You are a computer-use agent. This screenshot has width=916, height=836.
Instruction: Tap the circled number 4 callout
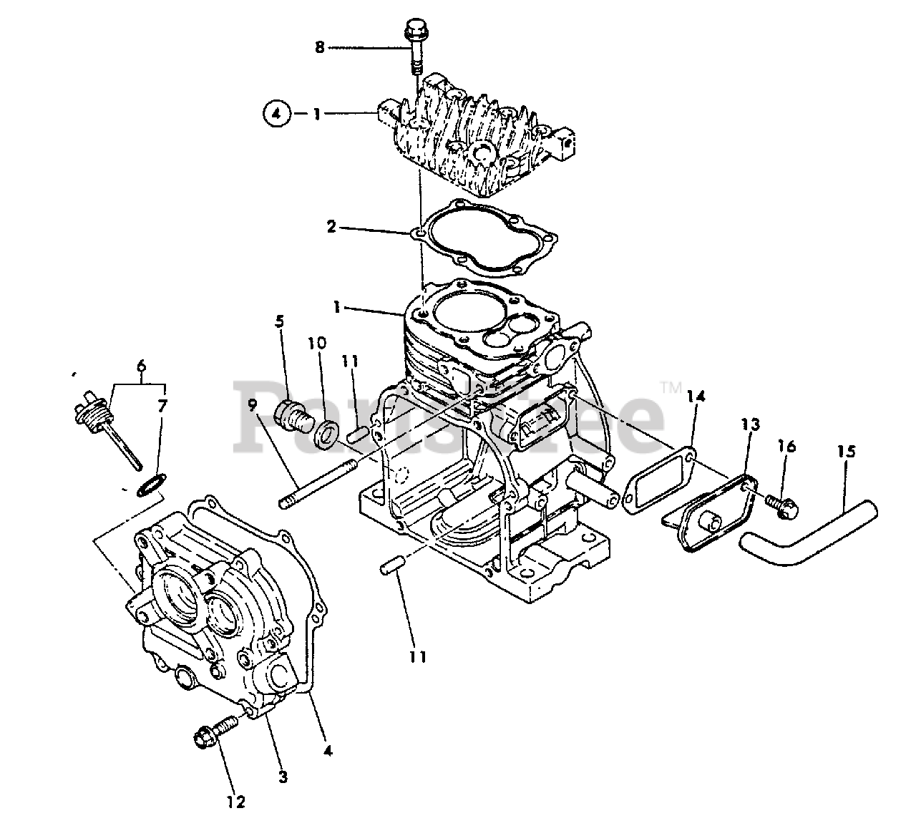click(x=277, y=113)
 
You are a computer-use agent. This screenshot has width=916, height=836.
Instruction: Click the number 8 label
click(x=320, y=47)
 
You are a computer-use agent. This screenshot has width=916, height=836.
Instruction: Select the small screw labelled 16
click(x=776, y=505)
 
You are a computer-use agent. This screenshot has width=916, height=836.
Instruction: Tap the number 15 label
click(x=846, y=452)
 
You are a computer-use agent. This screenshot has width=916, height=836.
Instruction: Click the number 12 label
click(x=236, y=802)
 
